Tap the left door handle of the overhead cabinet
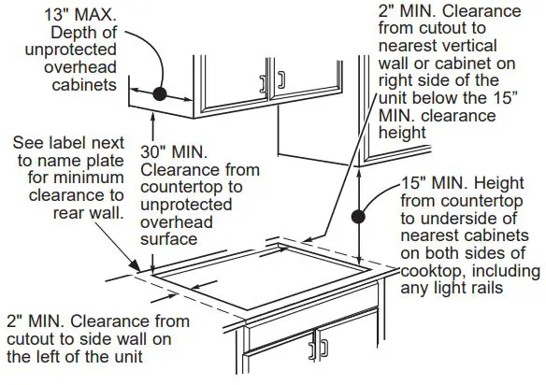coord(263,83)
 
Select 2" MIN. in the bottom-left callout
coord(37,321)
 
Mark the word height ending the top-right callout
coord(403,133)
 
